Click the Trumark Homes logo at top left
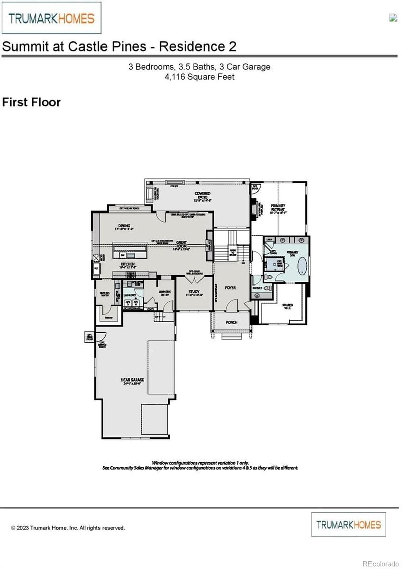point(51,18)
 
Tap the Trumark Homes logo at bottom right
point(348,524)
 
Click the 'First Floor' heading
point(31,102)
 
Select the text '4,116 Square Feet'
point(199,77)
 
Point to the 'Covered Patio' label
point(203,196)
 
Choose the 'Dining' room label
point(124,227)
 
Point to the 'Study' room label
point(194,292)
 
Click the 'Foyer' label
point(230,288)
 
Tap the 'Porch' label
point(231,322)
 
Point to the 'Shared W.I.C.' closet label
point(287,307)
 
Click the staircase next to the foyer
point(232,246)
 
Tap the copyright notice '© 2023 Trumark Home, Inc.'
point(67,528)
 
